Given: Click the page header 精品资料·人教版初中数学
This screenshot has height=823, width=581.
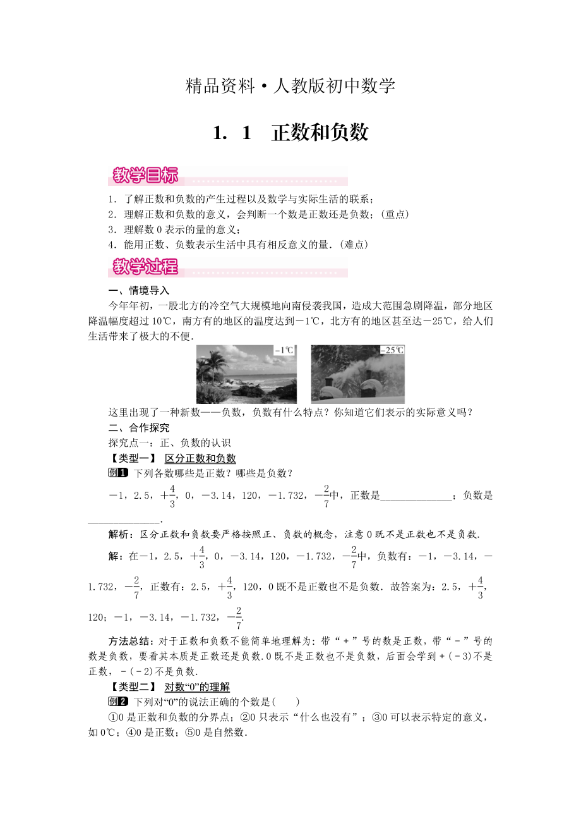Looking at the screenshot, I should [x=290, y=86].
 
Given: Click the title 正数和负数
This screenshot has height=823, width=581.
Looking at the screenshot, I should [x=320, y=133].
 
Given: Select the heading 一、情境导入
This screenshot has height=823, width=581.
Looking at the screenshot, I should [x=139, y=291].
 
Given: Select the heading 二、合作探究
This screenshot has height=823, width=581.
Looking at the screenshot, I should [x=139, y=428].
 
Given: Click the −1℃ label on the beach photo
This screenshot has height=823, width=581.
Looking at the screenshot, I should [x=284, y=350].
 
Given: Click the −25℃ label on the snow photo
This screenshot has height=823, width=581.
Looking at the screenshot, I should [x=392, y=350].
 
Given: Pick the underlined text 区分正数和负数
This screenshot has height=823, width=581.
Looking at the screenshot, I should [x=200, y=459].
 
